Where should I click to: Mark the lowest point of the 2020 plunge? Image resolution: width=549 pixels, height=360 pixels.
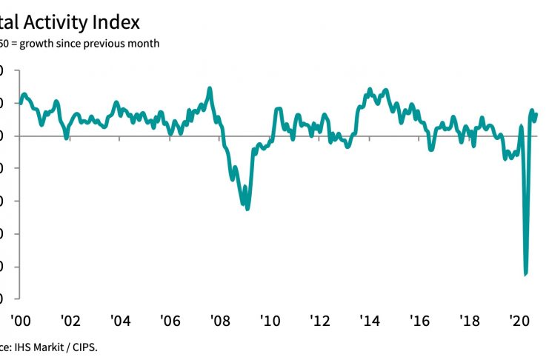(525, 274)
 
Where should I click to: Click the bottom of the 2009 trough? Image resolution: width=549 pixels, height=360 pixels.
(247, 208)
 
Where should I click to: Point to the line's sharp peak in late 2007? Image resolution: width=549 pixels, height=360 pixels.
(210, 88)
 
